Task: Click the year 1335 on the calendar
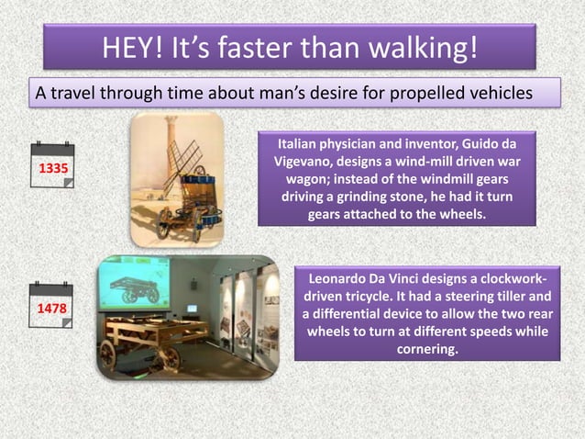(51, 170)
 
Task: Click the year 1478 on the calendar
(51, 310)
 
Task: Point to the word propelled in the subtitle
(415, 94)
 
